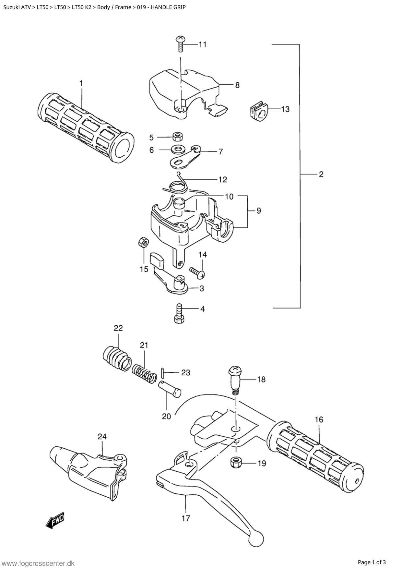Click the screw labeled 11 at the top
point(180,43)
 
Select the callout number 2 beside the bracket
point(321,175)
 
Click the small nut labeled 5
point(177,137)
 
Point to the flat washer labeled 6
point(177,150)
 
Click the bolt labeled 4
point(179,313)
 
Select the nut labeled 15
point(143,242)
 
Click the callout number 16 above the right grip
point(319,419)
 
